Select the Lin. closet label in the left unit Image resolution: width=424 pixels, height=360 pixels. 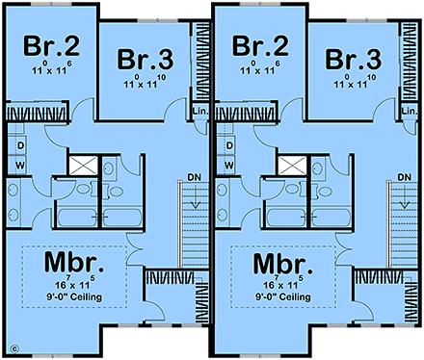coord(200,111)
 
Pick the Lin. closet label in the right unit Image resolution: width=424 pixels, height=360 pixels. coord(411,111)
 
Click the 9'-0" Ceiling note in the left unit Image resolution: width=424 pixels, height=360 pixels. coord(75,297)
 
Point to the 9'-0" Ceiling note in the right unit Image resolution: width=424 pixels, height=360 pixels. coord(286,297)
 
